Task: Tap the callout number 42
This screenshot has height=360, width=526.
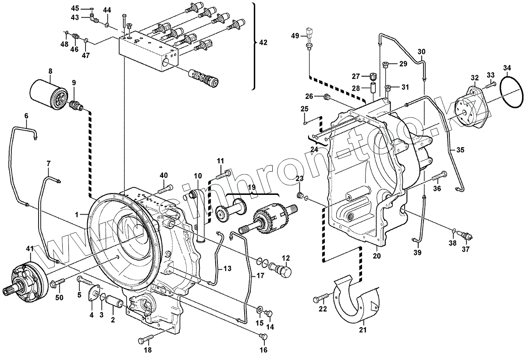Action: (x=263, y=42)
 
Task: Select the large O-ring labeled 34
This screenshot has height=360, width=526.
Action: (x=511, y=92)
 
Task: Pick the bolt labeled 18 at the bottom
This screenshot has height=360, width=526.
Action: (x=146, y=339)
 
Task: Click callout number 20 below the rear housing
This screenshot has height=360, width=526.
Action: (x=377, y=256)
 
